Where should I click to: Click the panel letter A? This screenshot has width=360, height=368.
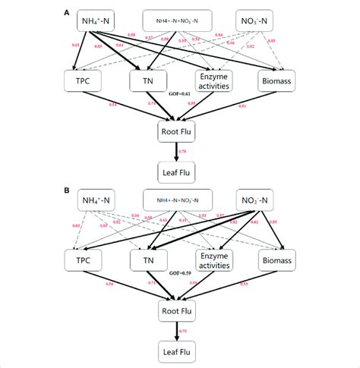tap(68, 13)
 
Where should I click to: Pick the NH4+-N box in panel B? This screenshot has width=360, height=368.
tap(98, 200)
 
